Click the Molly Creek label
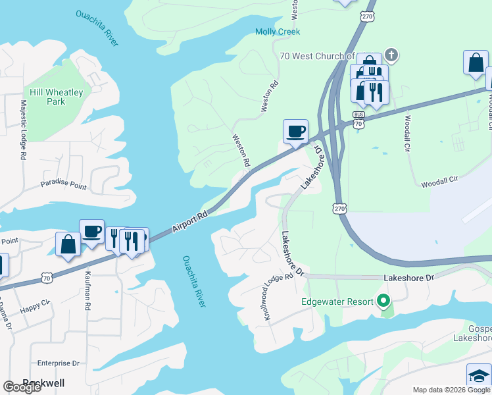277,32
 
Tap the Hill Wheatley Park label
56,97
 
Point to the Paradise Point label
63,186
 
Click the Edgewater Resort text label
335,302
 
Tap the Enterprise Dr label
58,363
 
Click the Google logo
22,387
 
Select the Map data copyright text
451,390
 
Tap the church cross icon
391,54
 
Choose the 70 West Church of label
317,57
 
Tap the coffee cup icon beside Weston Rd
295,130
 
